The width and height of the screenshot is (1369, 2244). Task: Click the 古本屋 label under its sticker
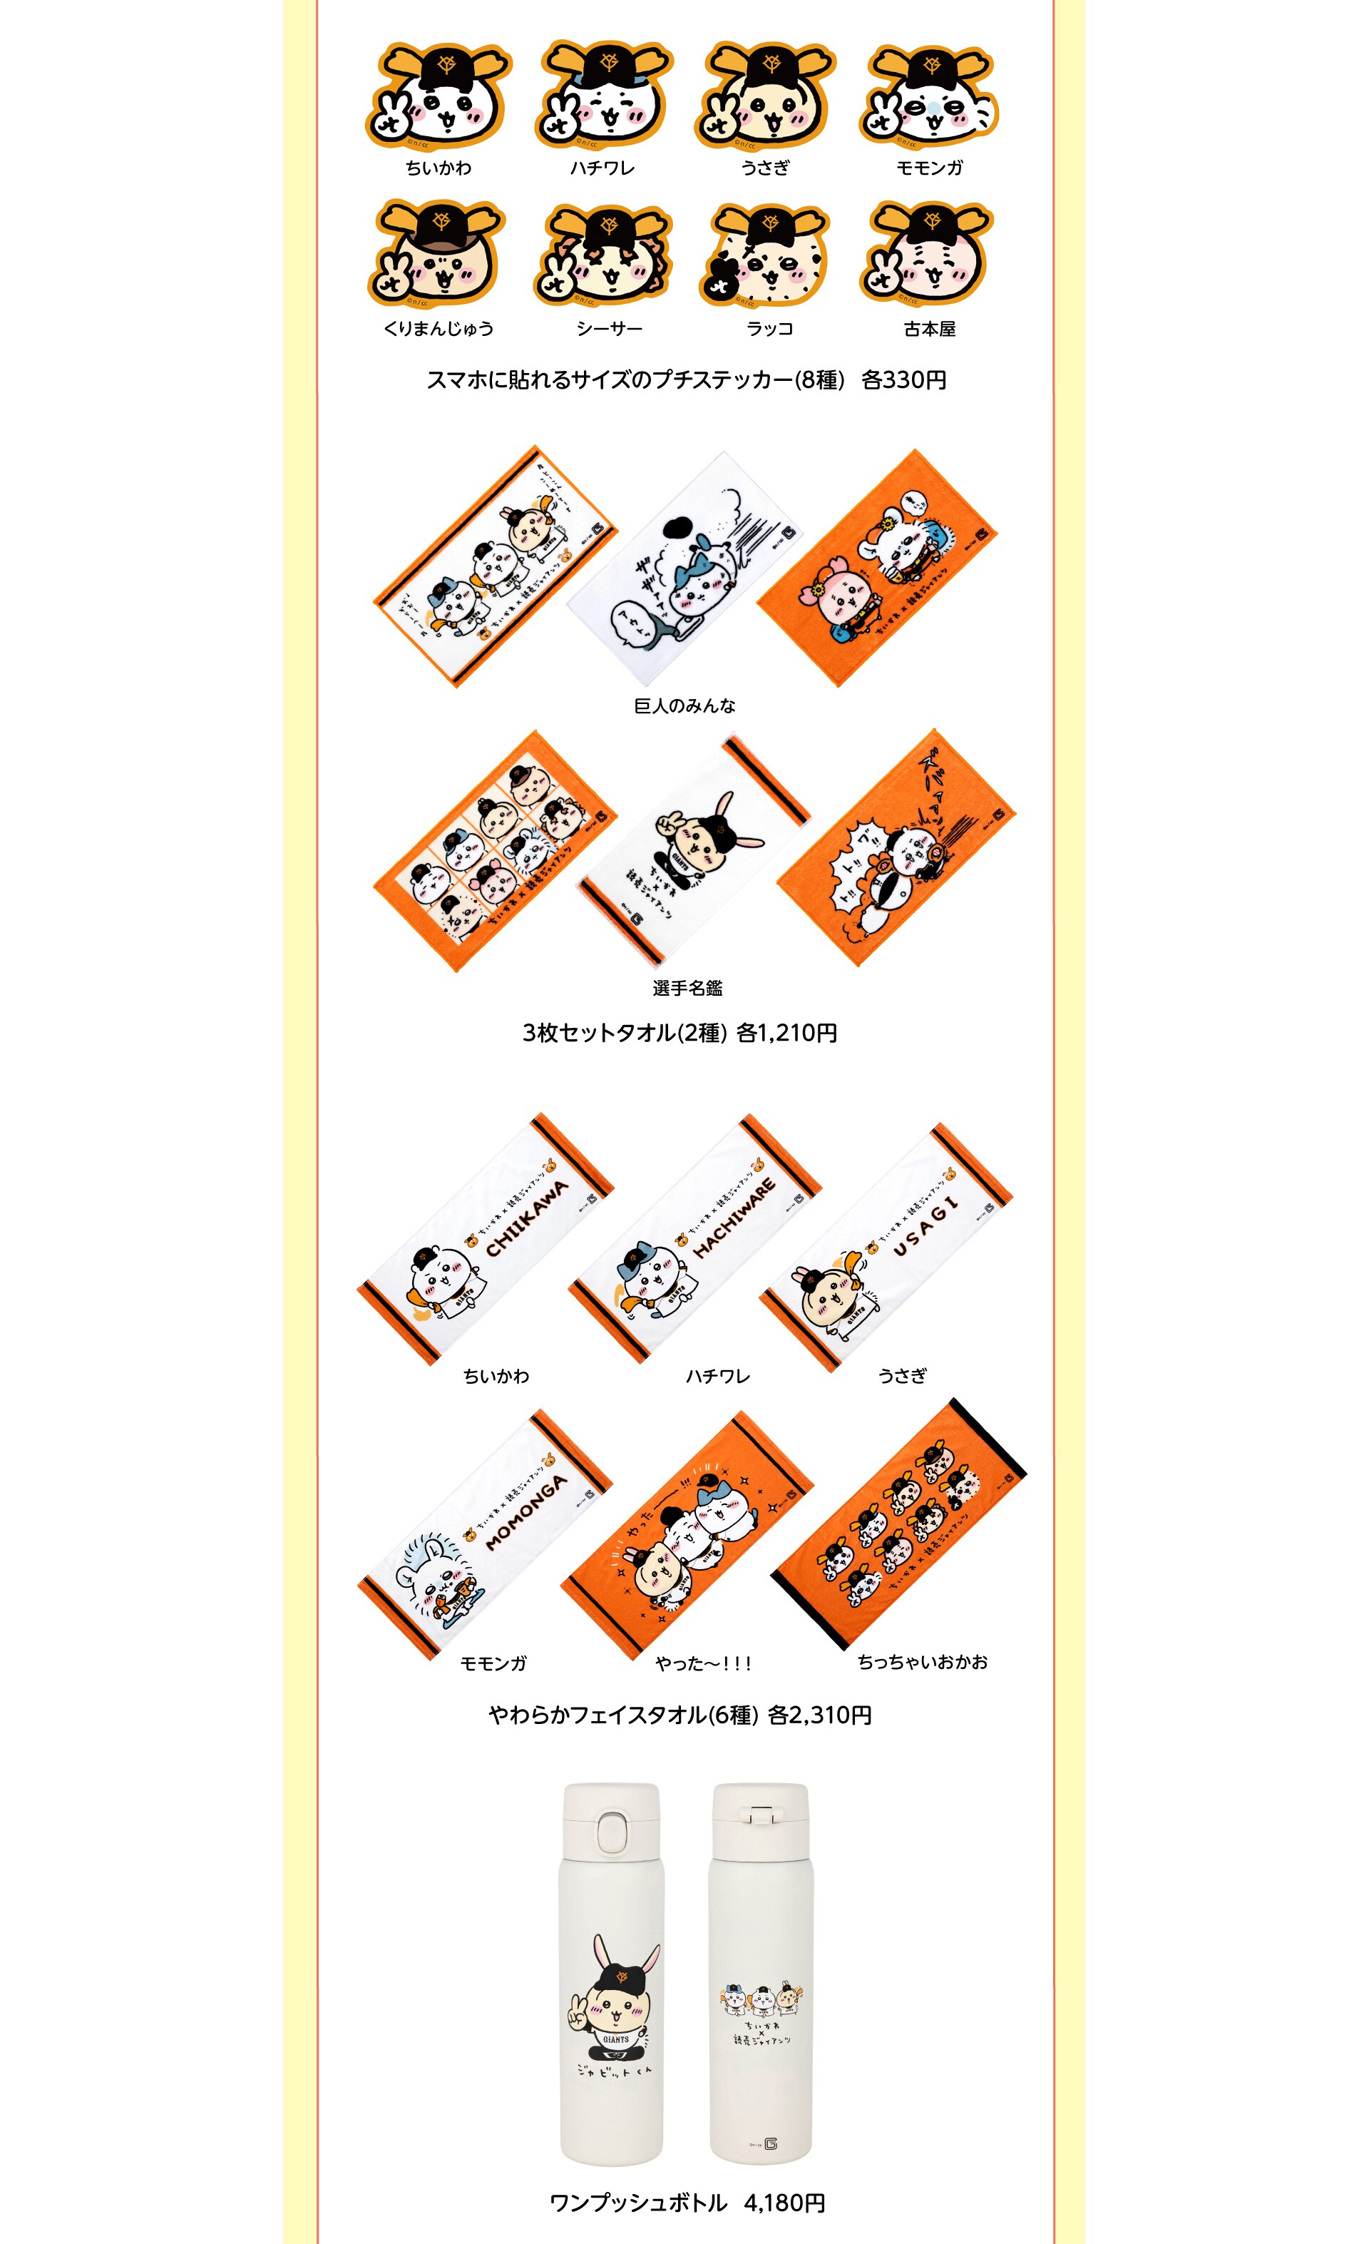click(929, 329)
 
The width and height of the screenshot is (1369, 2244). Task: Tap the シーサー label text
click(609, 329)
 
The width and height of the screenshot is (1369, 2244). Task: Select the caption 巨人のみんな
click(684, 706)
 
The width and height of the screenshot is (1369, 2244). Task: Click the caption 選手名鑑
click(687, 988)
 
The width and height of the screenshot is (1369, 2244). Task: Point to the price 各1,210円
click(786, 1033)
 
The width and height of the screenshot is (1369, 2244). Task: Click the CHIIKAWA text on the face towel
click(527, 1218)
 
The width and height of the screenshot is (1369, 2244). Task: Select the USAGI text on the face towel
click(926, 1228)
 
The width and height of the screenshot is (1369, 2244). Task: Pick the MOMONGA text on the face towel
click(526, 1513)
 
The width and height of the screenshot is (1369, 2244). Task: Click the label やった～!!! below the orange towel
click(703, 1664)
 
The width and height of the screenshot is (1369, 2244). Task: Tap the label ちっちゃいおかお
click(922, 1662)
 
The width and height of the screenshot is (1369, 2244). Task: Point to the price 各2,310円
click(819, 1715)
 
